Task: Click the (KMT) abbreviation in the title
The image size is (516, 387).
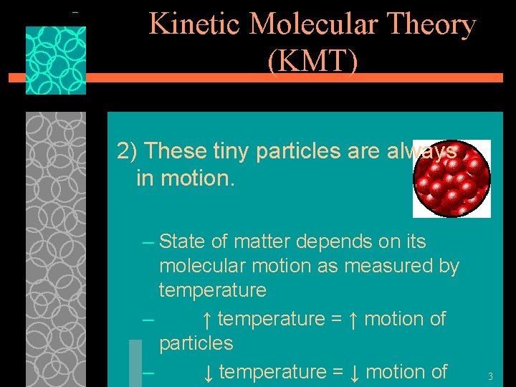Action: (312, 62)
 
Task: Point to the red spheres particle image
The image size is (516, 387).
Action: (451, 178)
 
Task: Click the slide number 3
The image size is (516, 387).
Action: (490, 376)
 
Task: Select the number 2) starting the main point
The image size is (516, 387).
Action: (128, 151)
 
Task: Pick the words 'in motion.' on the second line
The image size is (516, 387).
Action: (185, 178)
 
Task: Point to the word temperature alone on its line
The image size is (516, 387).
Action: (212, 291)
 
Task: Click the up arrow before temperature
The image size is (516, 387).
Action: (206, 318)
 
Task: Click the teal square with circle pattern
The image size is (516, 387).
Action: (56, 61)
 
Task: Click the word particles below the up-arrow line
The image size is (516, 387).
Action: (196, 343)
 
